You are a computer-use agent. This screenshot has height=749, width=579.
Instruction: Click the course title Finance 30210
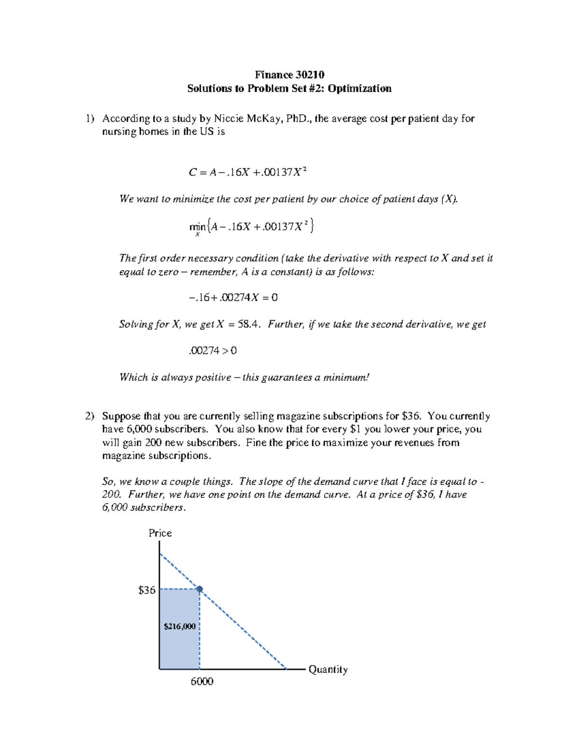[x=289, y=75]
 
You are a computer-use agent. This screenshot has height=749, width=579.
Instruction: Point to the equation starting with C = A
[x=248, y=172]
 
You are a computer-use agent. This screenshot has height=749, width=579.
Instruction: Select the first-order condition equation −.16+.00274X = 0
[x=233, y=298]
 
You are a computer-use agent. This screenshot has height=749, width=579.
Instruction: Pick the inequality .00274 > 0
[x=212, y=351]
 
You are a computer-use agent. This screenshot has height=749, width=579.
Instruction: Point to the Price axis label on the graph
[x=160, y=533]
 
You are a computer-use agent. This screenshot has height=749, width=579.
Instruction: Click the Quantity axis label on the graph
[x=328, y=669]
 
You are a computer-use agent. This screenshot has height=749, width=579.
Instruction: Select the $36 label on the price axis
[x=147, y=590]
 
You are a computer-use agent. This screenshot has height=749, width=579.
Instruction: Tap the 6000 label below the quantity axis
[x=202, y=681]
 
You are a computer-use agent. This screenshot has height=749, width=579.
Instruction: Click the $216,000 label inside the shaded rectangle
[x=179, y=626]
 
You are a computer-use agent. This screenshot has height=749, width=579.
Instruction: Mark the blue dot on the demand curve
[x=199, y=589]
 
